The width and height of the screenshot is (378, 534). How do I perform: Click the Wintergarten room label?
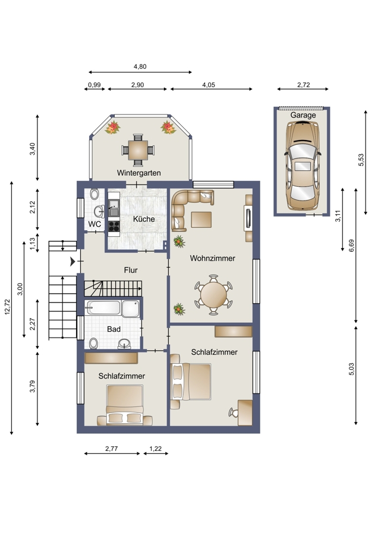tap(138, 173)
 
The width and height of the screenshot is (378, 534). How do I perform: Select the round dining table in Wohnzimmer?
tap(213, 295)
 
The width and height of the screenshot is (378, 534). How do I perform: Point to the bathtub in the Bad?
tap(103, 307)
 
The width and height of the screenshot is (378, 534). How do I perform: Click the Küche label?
tap(144, 219)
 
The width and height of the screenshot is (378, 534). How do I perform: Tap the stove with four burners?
tap(114, 226)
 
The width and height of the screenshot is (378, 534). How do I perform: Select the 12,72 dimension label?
tap(8, 307)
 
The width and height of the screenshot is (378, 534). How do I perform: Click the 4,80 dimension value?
tap(140, 66)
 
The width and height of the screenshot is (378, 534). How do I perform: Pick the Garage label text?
tap(303, 115)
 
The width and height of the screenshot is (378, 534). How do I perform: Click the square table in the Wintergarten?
tap(138, 150)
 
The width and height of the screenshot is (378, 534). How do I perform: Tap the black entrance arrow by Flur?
tap(73, 262)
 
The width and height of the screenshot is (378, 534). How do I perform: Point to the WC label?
tap(94, 224)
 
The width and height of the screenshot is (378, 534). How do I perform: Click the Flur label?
tap(131, 270)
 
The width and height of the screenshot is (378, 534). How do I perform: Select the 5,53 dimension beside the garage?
tap(361, 160)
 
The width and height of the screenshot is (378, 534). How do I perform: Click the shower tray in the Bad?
tap(131, 309)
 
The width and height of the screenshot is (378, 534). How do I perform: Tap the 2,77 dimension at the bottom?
tap(112, 449)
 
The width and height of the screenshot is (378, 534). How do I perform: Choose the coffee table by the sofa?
tap(201, 220)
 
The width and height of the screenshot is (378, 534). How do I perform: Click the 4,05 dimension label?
tap(209, 85)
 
